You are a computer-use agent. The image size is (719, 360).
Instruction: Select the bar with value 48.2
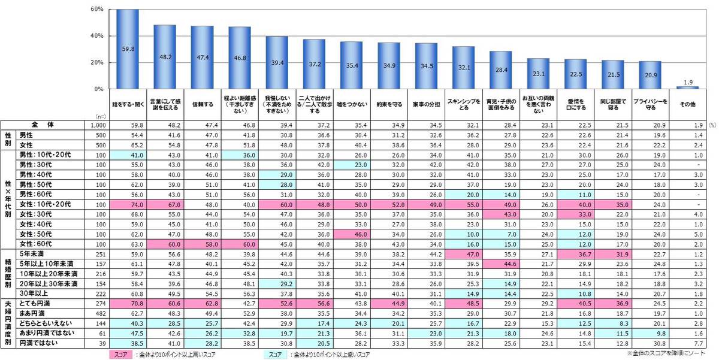[165, 57]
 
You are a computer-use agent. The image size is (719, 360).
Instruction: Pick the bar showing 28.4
[500, 70]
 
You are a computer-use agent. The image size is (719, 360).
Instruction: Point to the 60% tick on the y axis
[99, 10]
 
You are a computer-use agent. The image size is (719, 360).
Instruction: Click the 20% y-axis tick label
[99, 62]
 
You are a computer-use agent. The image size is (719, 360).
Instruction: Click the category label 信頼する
[202, 104]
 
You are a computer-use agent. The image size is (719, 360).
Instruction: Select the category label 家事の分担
[426, 104]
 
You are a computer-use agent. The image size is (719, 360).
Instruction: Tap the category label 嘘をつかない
[351, 104]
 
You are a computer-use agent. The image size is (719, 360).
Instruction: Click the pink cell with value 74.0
[128, 204]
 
